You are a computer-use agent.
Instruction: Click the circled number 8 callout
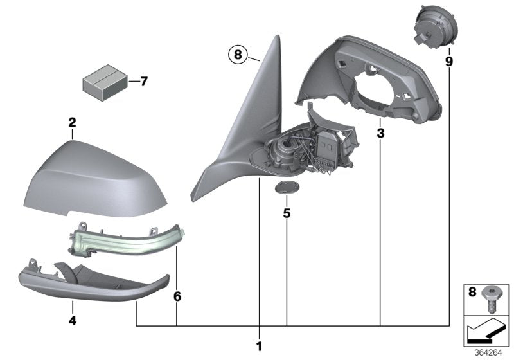pos(237,55)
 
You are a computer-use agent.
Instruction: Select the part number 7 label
pos(143,82)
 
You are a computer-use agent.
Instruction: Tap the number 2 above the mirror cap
pos(72,122)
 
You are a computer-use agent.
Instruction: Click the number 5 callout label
pos(287,212)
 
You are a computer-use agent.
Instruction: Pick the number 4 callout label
pos(72,318)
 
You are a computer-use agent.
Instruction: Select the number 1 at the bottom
pos(259,346)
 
